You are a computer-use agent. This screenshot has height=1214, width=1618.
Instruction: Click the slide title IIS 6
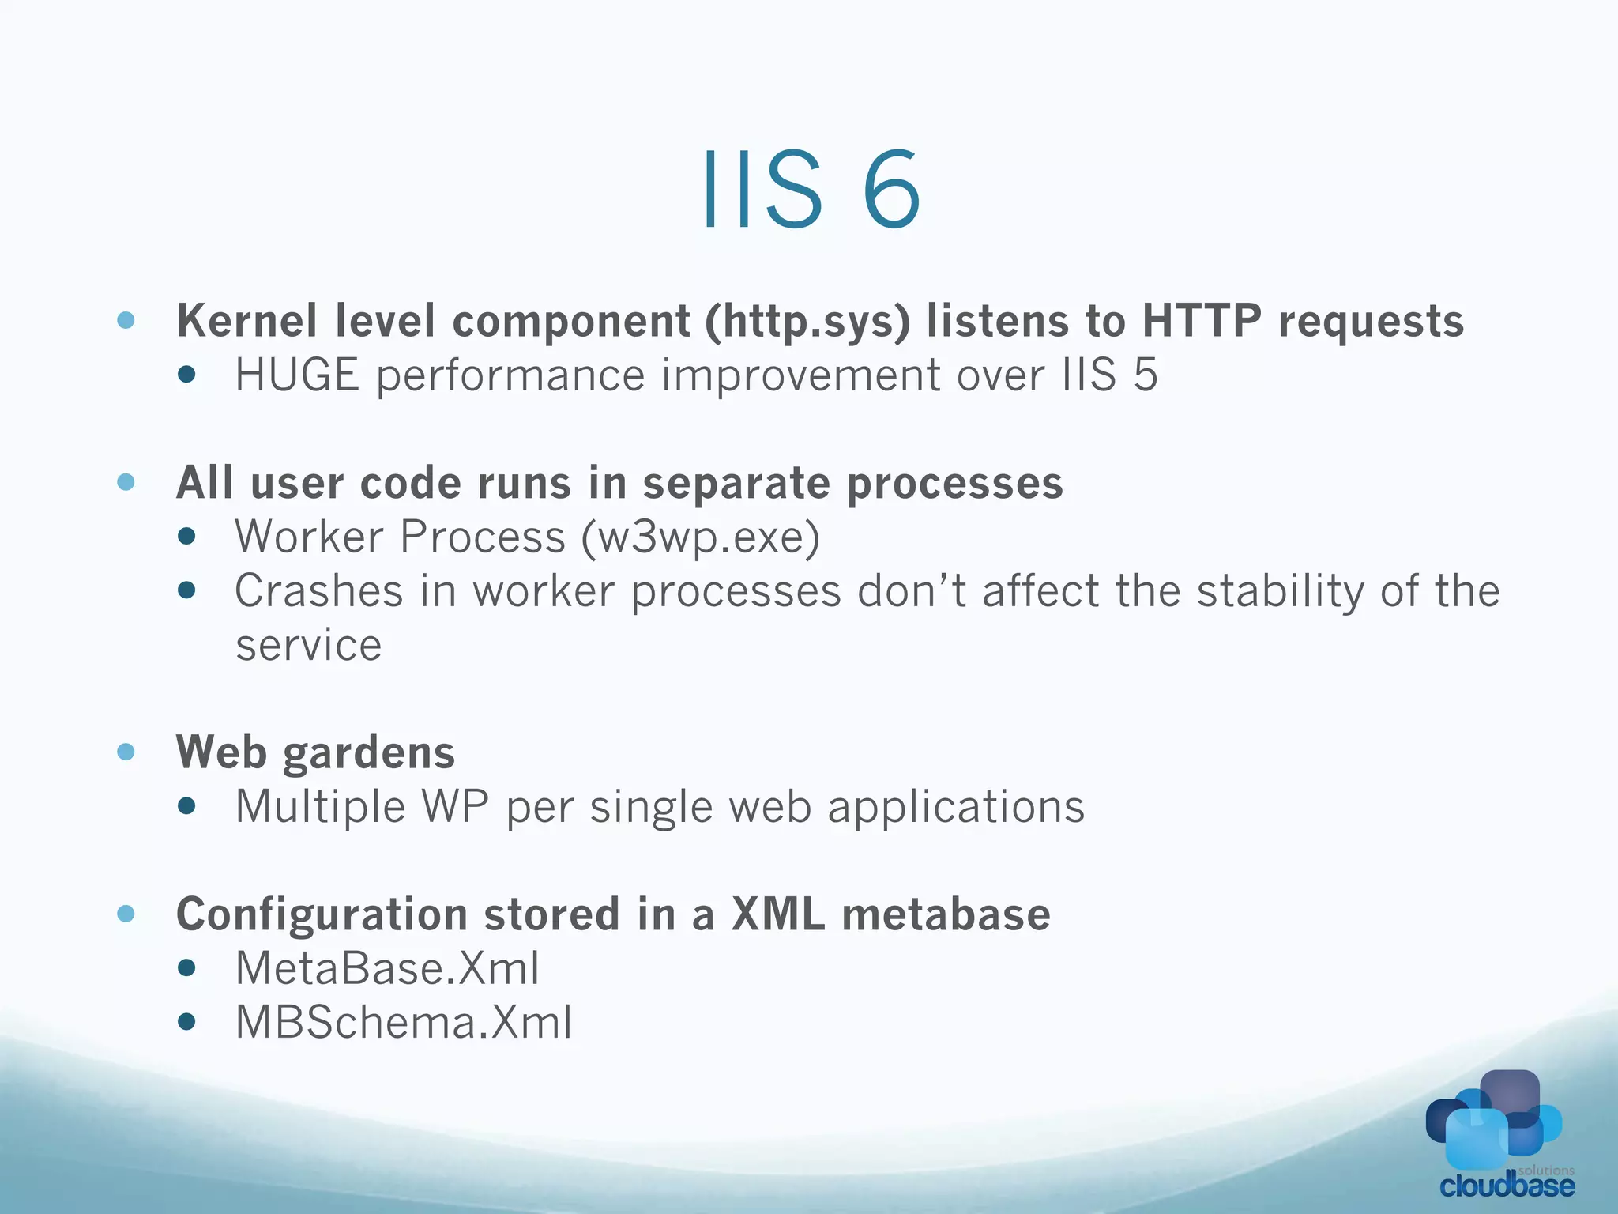(x=811, y=191)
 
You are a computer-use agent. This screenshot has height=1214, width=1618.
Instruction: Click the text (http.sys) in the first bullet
(x=807, y=322)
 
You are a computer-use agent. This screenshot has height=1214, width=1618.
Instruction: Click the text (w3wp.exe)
(x=700, y=538)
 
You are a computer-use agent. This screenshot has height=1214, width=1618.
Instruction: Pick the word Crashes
(x=319, y=591)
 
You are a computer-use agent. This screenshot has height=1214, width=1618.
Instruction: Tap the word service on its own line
(x=308, y=646)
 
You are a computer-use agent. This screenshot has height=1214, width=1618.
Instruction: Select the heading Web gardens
(x=315, y=752)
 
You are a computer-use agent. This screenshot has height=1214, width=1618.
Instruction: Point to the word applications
(x=956, y=808)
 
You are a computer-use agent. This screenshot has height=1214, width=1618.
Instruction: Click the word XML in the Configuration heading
(x=778, y=914)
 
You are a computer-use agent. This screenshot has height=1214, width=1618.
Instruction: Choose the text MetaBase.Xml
(x=387, y=968)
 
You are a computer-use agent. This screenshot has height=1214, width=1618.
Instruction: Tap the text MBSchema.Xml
(x=404, y=1022)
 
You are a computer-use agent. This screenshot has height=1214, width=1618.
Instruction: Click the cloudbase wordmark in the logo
(x=1507, y=1186)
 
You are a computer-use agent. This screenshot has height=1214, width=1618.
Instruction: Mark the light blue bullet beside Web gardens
(x=126, y=751)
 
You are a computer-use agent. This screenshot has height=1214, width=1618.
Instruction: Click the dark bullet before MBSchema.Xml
(x=186, y=1022)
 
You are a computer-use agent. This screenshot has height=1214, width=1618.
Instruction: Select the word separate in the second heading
(x=736, y=483)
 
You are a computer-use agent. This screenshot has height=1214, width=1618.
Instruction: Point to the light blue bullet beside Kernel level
(x=126, y=320)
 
